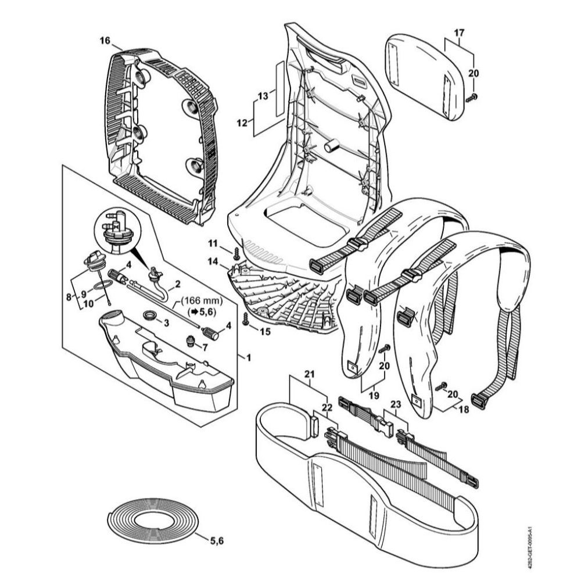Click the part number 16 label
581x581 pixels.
click(105, 40)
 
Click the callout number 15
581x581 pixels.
click(266, 332)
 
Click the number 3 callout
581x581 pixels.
click(167, 322)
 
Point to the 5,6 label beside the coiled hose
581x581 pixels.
click(216, 541)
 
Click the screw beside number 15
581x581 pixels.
click(246, 318)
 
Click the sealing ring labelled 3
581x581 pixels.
click(150, 316)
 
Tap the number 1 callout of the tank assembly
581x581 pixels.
click(248, 357)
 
